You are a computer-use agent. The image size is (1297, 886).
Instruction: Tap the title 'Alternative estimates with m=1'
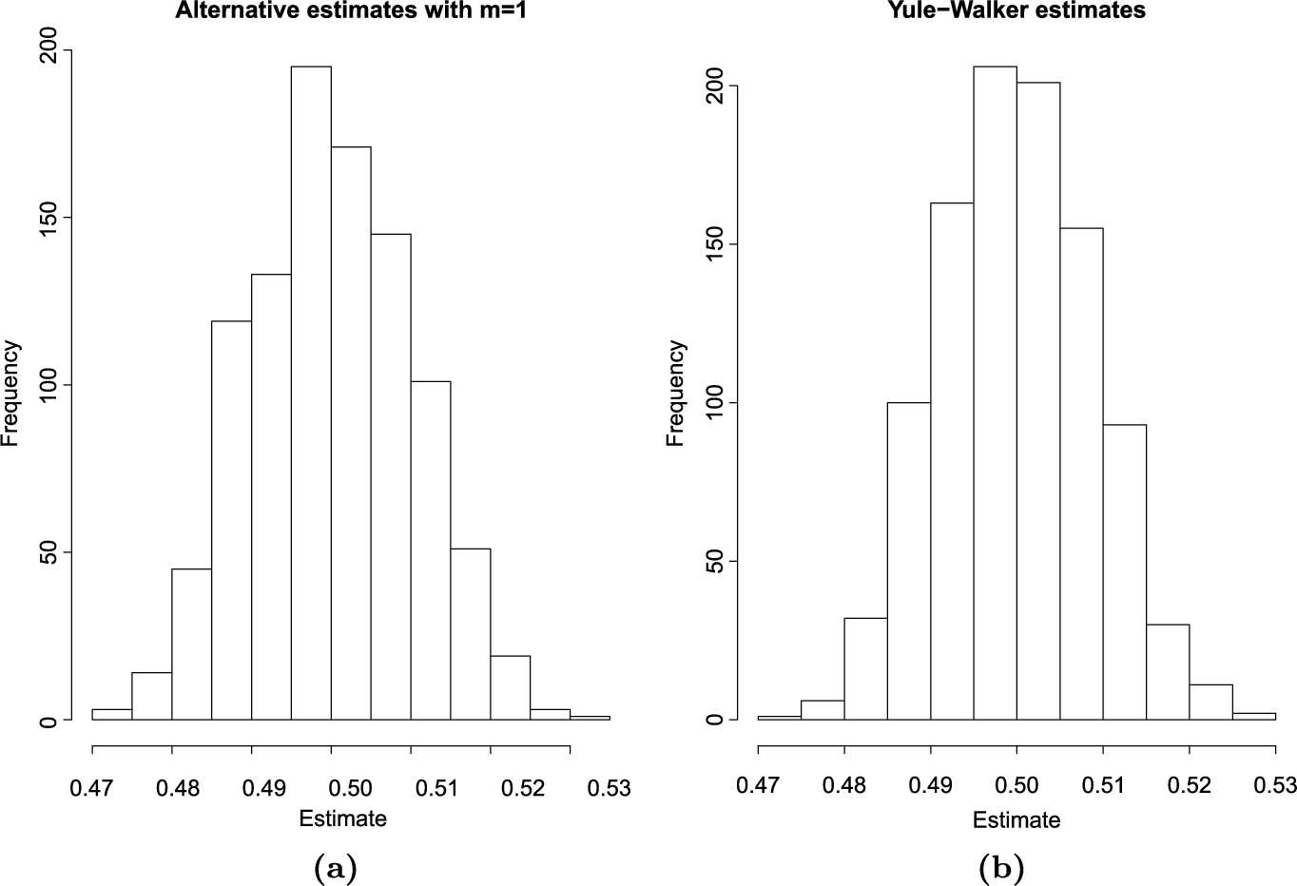[x=351, y=10]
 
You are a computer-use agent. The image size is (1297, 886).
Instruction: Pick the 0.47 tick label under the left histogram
[x=92, y=788]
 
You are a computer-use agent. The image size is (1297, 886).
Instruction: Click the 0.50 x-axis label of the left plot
[x=331, y=788]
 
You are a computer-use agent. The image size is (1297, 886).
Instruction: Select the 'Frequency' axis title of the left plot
[x=11, y=393]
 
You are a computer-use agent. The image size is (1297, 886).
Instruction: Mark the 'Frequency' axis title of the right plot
[x=676, y=393]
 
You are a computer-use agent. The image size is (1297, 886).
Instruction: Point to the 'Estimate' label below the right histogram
[x=1016, y=819]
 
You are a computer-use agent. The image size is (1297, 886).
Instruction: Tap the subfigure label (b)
[x=1004, y=867]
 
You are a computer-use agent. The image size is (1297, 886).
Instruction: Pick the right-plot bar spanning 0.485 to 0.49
[x=908, y=561]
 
